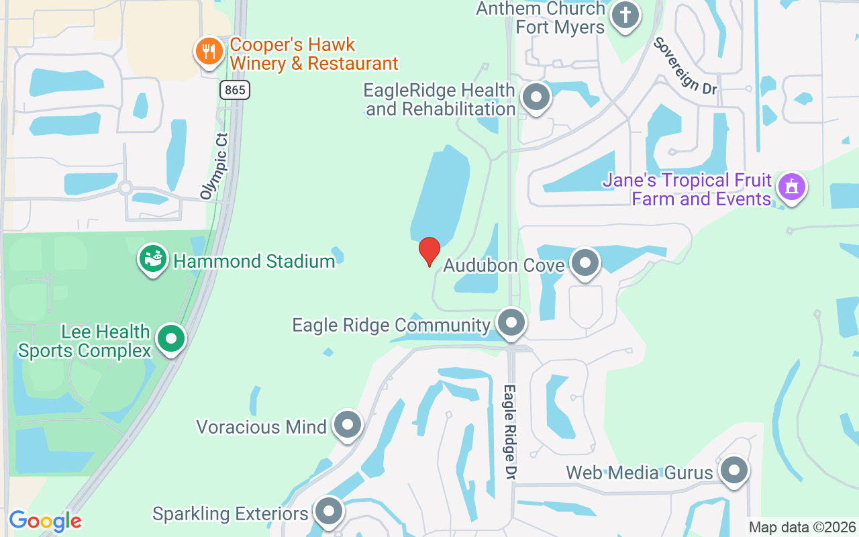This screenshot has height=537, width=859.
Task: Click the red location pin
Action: [x=429, y=251]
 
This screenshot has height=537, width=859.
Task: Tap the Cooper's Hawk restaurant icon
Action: [x=209, y=51]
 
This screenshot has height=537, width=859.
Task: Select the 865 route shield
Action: [x=234, y=89]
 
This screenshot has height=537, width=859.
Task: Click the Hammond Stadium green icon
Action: [x=153, y=259]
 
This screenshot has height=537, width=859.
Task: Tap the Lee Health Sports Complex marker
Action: [x=171, y=340]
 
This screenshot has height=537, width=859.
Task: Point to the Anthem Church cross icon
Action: [x=625, y=15]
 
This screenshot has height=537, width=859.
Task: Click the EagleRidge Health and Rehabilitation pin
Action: [x=536, y=97]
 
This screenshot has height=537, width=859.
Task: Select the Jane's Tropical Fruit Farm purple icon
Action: [x=792, y=187]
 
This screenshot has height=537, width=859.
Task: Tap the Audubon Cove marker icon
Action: [x=585, y=263]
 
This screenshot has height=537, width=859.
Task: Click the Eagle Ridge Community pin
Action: [x=511, y=323]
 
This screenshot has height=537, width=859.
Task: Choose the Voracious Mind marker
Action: [x=348, y=424]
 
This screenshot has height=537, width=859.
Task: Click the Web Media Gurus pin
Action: [x=734, y=471]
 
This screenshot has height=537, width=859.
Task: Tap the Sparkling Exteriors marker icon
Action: [x=329, y=512]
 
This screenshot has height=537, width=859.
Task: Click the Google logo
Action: [x=45, y=521]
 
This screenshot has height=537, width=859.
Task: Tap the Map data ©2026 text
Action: [x=802, y=528]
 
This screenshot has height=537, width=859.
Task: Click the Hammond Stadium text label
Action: [x=254, y=261]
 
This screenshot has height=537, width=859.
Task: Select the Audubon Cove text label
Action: [x=504, y=266]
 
